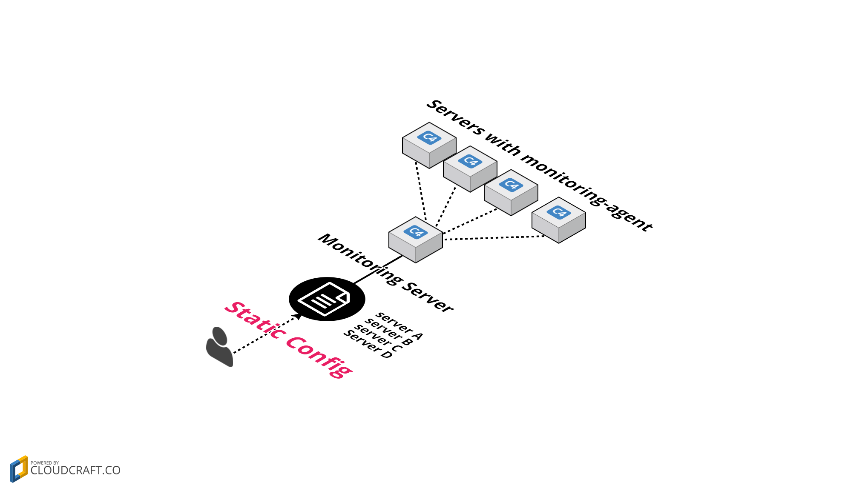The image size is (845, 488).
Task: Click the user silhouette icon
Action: [220, 347]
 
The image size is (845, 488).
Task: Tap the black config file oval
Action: [327, 299]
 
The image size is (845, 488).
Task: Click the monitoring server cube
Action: [415, 240]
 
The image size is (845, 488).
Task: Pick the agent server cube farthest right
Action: [558, 220]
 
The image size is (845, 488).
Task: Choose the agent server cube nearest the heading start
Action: [429, 145]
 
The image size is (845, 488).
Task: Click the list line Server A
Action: [399, 326]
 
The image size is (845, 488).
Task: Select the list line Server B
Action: [389, 332]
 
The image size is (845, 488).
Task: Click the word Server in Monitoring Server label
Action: [428, 297]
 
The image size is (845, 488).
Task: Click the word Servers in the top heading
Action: [456, 117]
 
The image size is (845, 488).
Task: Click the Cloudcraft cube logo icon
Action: [19, 469]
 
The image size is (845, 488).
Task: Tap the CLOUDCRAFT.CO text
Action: [75, 471]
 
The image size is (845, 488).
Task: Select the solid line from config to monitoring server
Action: [377, 270]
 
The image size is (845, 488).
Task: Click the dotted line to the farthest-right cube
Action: [494, 238]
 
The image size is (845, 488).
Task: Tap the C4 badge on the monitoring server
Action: [415, 232]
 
